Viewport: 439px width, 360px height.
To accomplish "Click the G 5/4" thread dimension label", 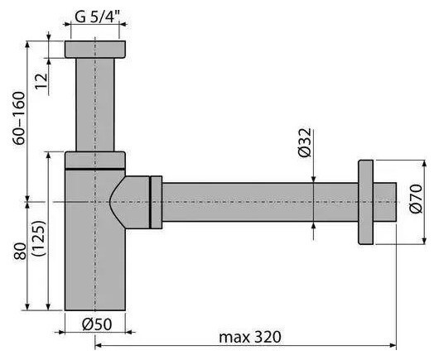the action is click(x=97, y=17).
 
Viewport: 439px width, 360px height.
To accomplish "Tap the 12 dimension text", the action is click(x=41, y=81).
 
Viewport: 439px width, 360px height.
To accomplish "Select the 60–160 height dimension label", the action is click(x=20, y=118).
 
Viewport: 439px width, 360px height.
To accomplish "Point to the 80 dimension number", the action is click(x=20, y=251).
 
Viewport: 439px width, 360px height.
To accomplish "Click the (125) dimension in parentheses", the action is click(x=39, y=238).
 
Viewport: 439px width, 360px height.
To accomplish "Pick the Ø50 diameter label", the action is click(x=97, y=324).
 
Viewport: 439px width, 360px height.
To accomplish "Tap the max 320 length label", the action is click(x=250, y=337).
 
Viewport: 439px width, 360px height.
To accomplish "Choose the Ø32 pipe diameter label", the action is click(x=304, y=142).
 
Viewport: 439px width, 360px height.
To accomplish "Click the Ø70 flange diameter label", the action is click(x=416, y=199).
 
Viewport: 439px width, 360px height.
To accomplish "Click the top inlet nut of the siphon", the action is click(x=95, y=49).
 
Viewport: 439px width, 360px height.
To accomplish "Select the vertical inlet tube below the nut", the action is click(x=95, y=104).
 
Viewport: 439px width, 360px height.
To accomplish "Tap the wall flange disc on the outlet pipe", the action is click(x=365, y=202).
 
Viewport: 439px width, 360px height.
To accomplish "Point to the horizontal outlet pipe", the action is click(x=260, y=202).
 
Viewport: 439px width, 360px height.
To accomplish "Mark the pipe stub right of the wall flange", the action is click(x=384, y=202).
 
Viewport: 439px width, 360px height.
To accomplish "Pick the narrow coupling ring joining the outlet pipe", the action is click(x=156, y=202).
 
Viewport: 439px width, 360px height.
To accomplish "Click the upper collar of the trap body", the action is click(x=95, y=161).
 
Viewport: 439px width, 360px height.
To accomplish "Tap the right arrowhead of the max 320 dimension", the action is click(x=393, y=346).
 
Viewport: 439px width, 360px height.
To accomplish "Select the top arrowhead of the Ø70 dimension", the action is click(x=425, y=164).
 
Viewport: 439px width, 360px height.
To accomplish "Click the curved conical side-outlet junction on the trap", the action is click(x=129, y=202).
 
